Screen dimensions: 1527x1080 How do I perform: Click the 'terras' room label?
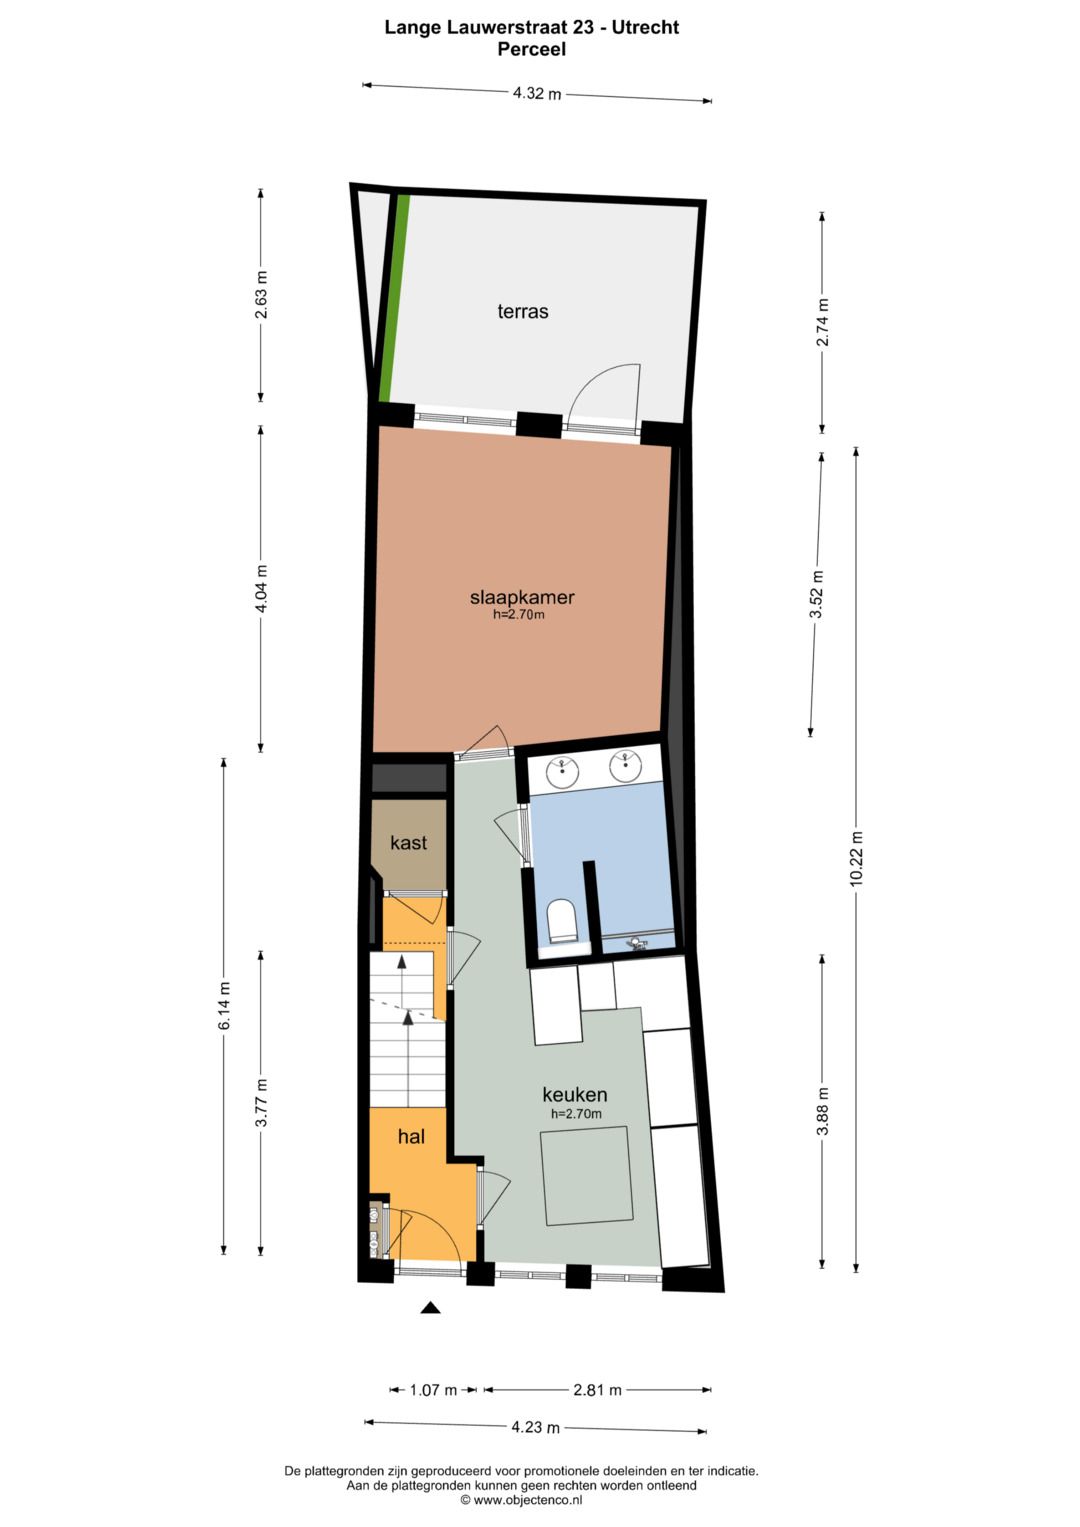tap(522, 311)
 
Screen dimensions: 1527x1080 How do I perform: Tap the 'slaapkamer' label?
tap(522, 598)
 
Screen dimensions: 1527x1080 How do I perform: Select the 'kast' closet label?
tap(408, 843)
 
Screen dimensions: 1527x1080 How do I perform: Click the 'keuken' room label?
tap(575, 1094)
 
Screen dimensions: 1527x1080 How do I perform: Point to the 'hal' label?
tap(411, 1136)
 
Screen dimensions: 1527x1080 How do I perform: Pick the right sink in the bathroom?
tap(626, 767)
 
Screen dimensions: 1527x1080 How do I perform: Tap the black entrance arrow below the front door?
tap(431, 1307)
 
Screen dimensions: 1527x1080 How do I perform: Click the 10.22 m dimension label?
tap(856, 858)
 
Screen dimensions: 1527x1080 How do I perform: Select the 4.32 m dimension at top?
tap(537, 94)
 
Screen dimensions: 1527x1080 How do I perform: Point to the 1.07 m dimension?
tap(433, 1390)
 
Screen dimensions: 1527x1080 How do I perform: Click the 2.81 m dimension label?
tap(597, 1390)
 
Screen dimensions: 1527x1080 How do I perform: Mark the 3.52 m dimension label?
tap(816, 594)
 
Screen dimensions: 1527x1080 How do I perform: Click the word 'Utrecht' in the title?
tap(645, 28)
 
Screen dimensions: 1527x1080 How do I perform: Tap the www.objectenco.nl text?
tap(521, 1500)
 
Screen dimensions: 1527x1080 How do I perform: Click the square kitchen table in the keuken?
tap(587, 1176)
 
